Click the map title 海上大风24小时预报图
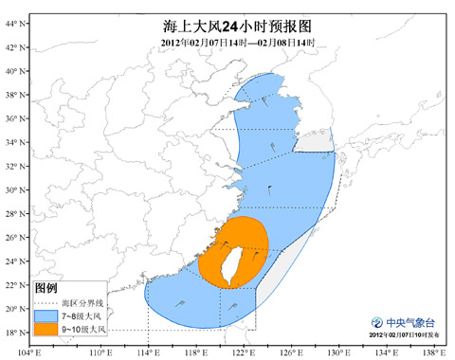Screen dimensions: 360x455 click(x=227, y=27)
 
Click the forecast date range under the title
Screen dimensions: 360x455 click(x=227, y=43)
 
